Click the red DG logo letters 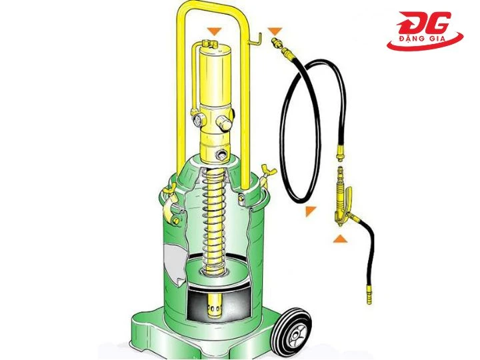[x=427, y=25]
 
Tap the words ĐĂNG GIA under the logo [x=425, y=43]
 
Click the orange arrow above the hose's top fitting [x=275, y=31]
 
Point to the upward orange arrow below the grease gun [x=340, y=238]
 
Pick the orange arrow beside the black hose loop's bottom [x=309, y=211]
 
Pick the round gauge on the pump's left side [x=198, y=120]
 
